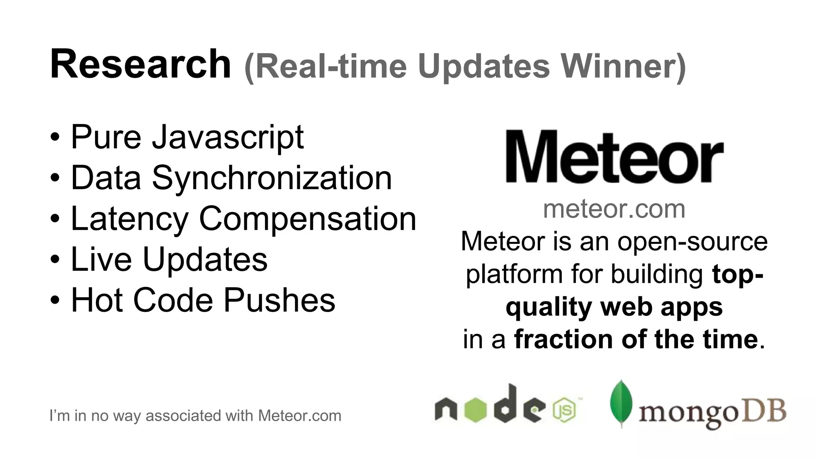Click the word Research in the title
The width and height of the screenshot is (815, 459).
click(x=140, y=65)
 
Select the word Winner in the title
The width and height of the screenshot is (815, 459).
click(x=623, y=66)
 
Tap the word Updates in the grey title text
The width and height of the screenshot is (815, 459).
click(x=484, y=67)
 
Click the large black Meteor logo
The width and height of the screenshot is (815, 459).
click(x=614, y=157)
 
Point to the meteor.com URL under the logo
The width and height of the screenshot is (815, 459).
click(x=614, y=209)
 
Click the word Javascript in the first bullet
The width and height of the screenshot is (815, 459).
click(x=228, y=137)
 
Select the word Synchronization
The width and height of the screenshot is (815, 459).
click(x=272, y=178)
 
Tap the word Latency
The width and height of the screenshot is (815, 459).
click(x=129, y=219)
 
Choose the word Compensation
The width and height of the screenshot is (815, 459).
click(x=307, y=219)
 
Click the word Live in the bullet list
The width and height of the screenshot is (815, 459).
click(x=101, y=259)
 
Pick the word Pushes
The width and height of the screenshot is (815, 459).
click(x=279, y=300)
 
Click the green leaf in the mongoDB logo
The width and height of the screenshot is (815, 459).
click(x=621, y=403)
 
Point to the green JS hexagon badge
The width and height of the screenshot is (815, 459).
click(x=564, y=410)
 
